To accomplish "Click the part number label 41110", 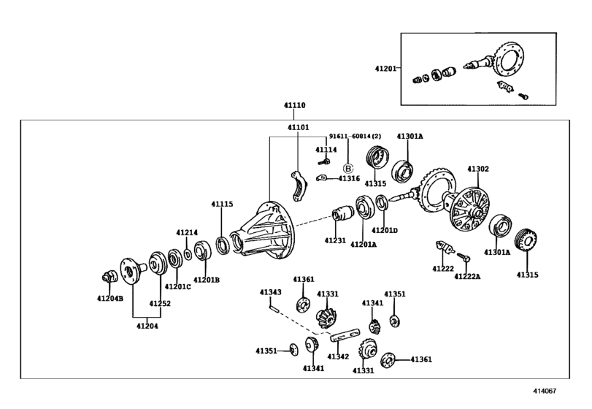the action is click(x=294, y=105).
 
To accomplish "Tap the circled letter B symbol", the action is click(x=347, y=169).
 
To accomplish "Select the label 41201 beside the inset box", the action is click(x=385, y=69).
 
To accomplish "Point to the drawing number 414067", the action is click(x=545, y=391).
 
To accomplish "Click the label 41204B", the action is click(x=110, y=298).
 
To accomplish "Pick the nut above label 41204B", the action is click(x=109, y=277).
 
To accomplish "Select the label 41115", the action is click(x=222, y=204).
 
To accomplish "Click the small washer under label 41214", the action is click(x=188, y=255).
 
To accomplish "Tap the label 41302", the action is click(x=478, y=169).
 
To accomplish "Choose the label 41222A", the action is click(x=467, y=277).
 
